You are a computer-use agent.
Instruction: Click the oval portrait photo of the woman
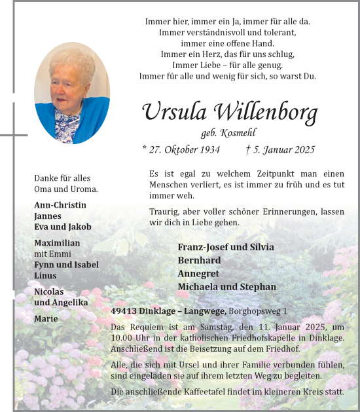point(72,93)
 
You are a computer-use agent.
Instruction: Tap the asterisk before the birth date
point(145,148)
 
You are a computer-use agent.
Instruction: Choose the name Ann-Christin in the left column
point(60,205)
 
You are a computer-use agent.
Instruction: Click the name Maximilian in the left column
point(57,243)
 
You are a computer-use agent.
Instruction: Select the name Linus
point(45,276)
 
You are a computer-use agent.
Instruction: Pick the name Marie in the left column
point(46,318)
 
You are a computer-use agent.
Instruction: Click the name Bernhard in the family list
point(200,260)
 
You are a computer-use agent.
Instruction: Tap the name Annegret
point(198,273)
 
